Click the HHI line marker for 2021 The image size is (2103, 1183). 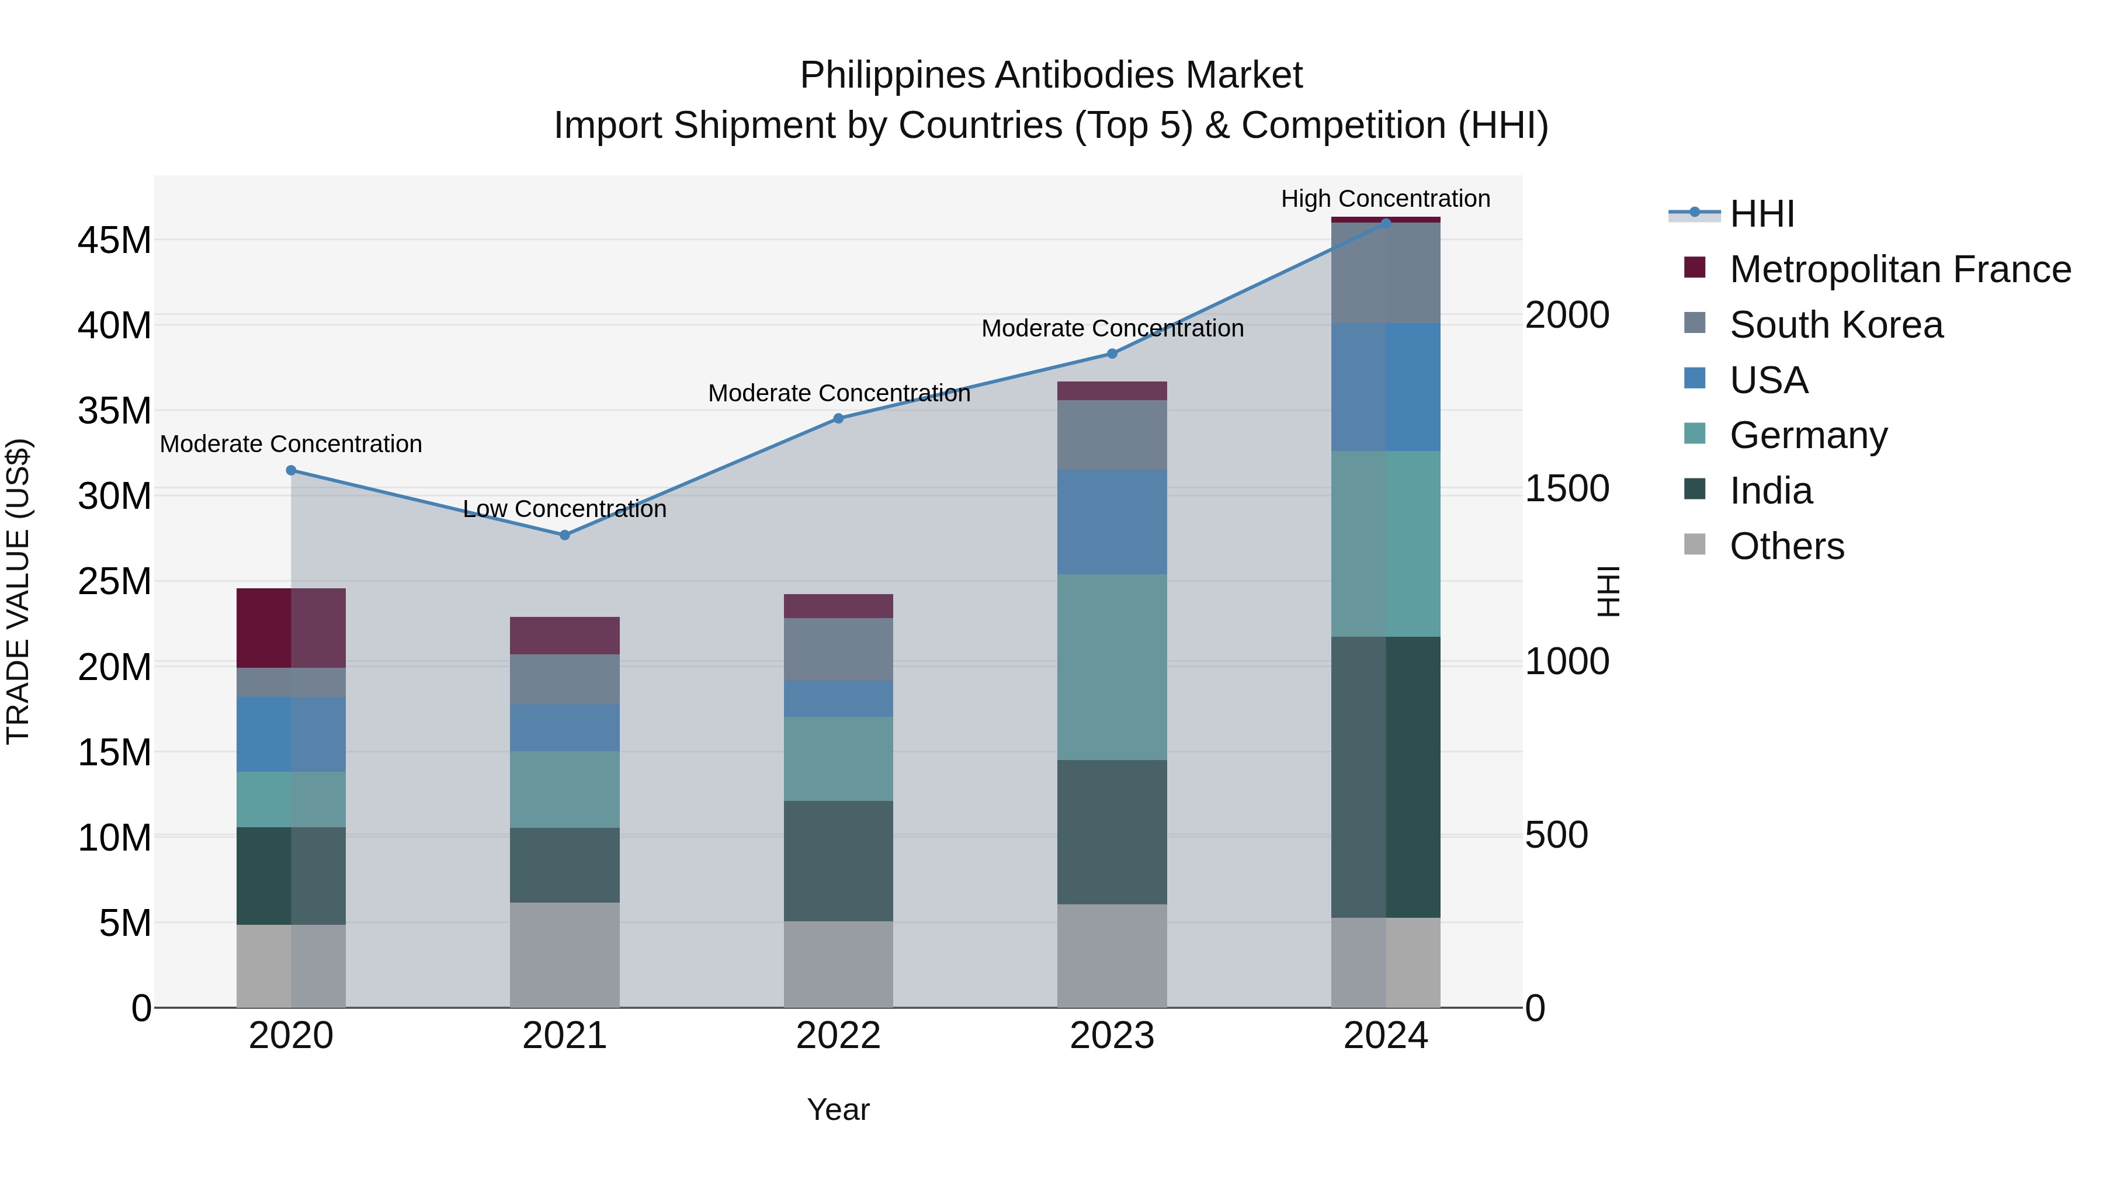(x=564, y=535)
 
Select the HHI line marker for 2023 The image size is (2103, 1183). (x=1112, y=353)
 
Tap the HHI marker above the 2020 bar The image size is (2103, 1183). (x=291, y=470)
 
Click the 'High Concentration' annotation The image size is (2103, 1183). (x=1386, y=199)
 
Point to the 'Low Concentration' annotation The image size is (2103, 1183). (x=564, y=509)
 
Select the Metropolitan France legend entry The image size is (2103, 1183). (x=1899, y=269)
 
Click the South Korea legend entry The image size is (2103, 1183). (x=1835, y=325)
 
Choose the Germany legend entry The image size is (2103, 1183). (x=1807, y=435)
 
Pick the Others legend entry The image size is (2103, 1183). (x=1786, y=546)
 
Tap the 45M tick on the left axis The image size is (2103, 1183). (x=114, y=241)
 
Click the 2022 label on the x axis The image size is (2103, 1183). (x=838, y=1036)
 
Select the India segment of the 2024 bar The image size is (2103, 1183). (x=1386, y=776)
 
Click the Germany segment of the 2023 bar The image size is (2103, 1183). (x=1112, y=667)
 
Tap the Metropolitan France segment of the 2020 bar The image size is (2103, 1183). (x=291, y=628)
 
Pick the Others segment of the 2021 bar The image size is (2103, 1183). (x=564, y=955)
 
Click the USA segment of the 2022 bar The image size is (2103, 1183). (x=838, y=699)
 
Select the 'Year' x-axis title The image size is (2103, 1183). (x=838, y=1109)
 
